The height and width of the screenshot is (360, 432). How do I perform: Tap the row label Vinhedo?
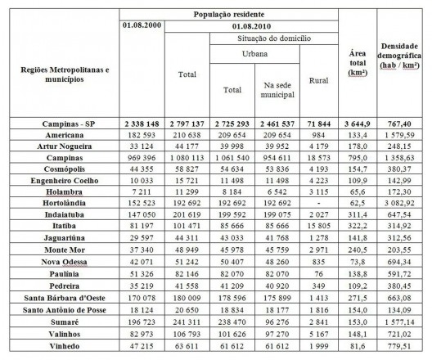[60, 347]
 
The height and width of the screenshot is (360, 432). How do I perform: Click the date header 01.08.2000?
[142, 26]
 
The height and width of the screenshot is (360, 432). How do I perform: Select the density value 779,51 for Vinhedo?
[404, 347]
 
